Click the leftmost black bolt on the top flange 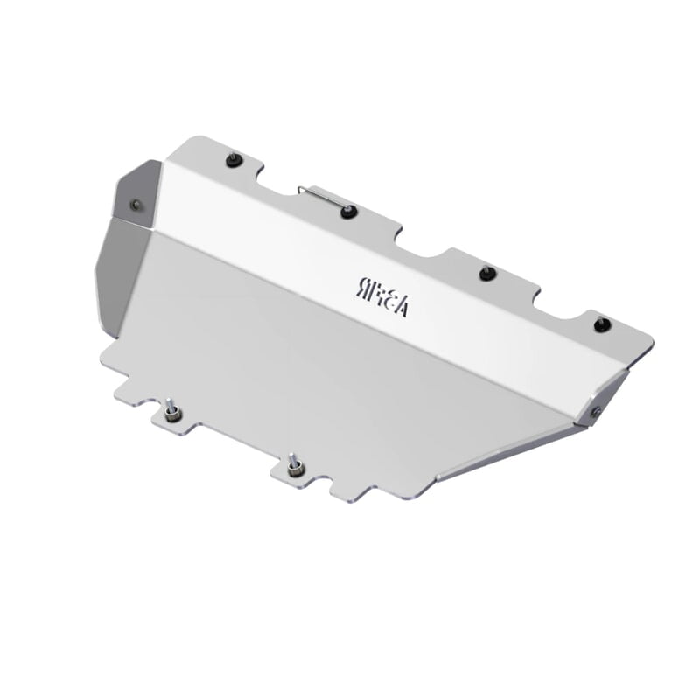pyautogui.click(x=234, y=160)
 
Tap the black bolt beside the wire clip pyautogui.click(x=348, y=210)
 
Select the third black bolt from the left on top pyautogui.click(x=487, y=273)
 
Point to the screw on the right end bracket pyautogui.click(x=595, y=411)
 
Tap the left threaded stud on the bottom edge pyautogui.click(x=170, y=408)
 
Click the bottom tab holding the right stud pyautogui.click(x=302, y=473)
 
